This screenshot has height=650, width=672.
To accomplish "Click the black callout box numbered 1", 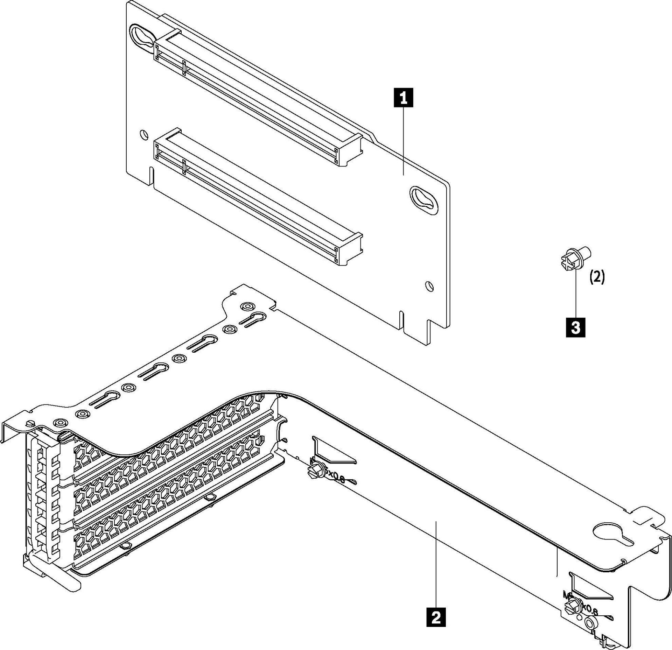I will (404, 98).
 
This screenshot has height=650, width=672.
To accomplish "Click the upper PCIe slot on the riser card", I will (257, 98).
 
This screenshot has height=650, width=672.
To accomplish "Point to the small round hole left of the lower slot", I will (143, 135).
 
